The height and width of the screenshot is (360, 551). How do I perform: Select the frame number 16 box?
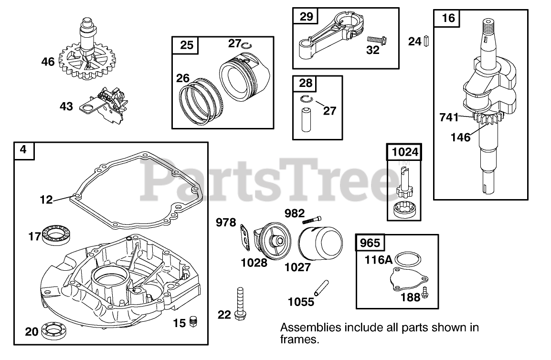pyautogui.click(x=448, y=19)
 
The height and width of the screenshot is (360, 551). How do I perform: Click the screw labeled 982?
pyautogui.click(x=310, y=217)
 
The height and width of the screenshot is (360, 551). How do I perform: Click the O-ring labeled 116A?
pyautogui.click(x=409, y=259)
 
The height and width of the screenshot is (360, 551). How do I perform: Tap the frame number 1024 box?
pyautogui.click(x=404, y=152)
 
